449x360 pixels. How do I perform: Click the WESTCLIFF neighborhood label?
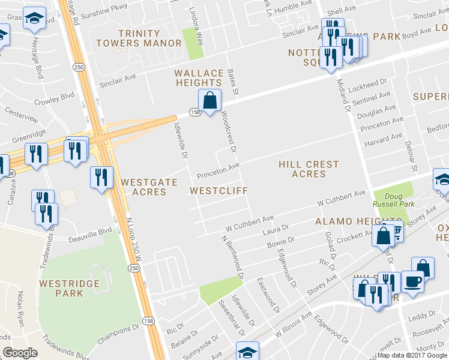click(218, 191)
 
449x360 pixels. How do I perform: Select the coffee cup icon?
click(412, 283)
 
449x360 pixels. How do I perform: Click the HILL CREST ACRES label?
click(309, 169)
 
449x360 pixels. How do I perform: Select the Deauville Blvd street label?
click(89, 230)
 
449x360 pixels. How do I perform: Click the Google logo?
click(20, 352)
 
